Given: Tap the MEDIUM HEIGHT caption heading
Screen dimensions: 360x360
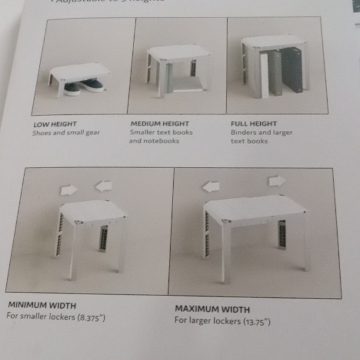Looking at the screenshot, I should (x=159, y=124).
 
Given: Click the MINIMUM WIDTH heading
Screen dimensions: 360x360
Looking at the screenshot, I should (x=42, y=305).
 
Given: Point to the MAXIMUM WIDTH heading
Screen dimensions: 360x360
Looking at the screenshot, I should (x=212, y=308).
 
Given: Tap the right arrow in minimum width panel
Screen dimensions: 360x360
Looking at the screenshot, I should (x=102, y=185).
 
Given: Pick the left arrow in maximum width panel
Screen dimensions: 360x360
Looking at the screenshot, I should (x=211, y=186).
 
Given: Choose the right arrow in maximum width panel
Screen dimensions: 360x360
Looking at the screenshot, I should (x=277, y=181).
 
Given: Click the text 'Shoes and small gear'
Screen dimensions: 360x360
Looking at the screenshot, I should (x=66, y=133).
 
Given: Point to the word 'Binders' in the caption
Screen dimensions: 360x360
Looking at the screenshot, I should (x=243, y=132).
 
